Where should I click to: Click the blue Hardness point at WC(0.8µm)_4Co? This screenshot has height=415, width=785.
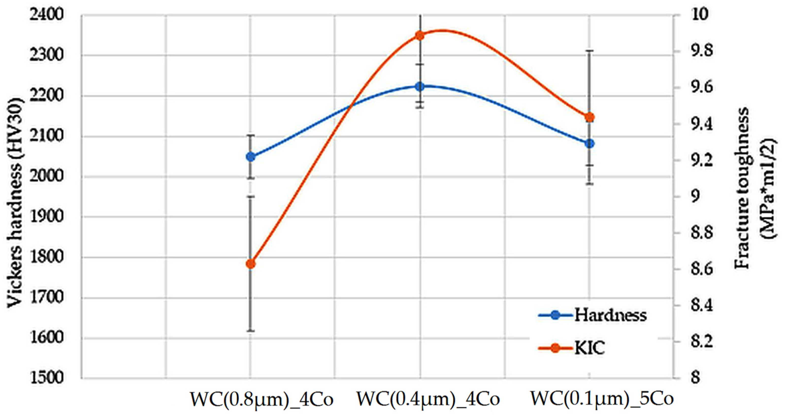tap(251, 157)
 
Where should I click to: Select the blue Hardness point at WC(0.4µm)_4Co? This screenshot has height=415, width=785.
tap(420, 87)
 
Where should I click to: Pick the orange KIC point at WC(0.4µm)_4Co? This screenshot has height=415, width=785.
tap(420, 36)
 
